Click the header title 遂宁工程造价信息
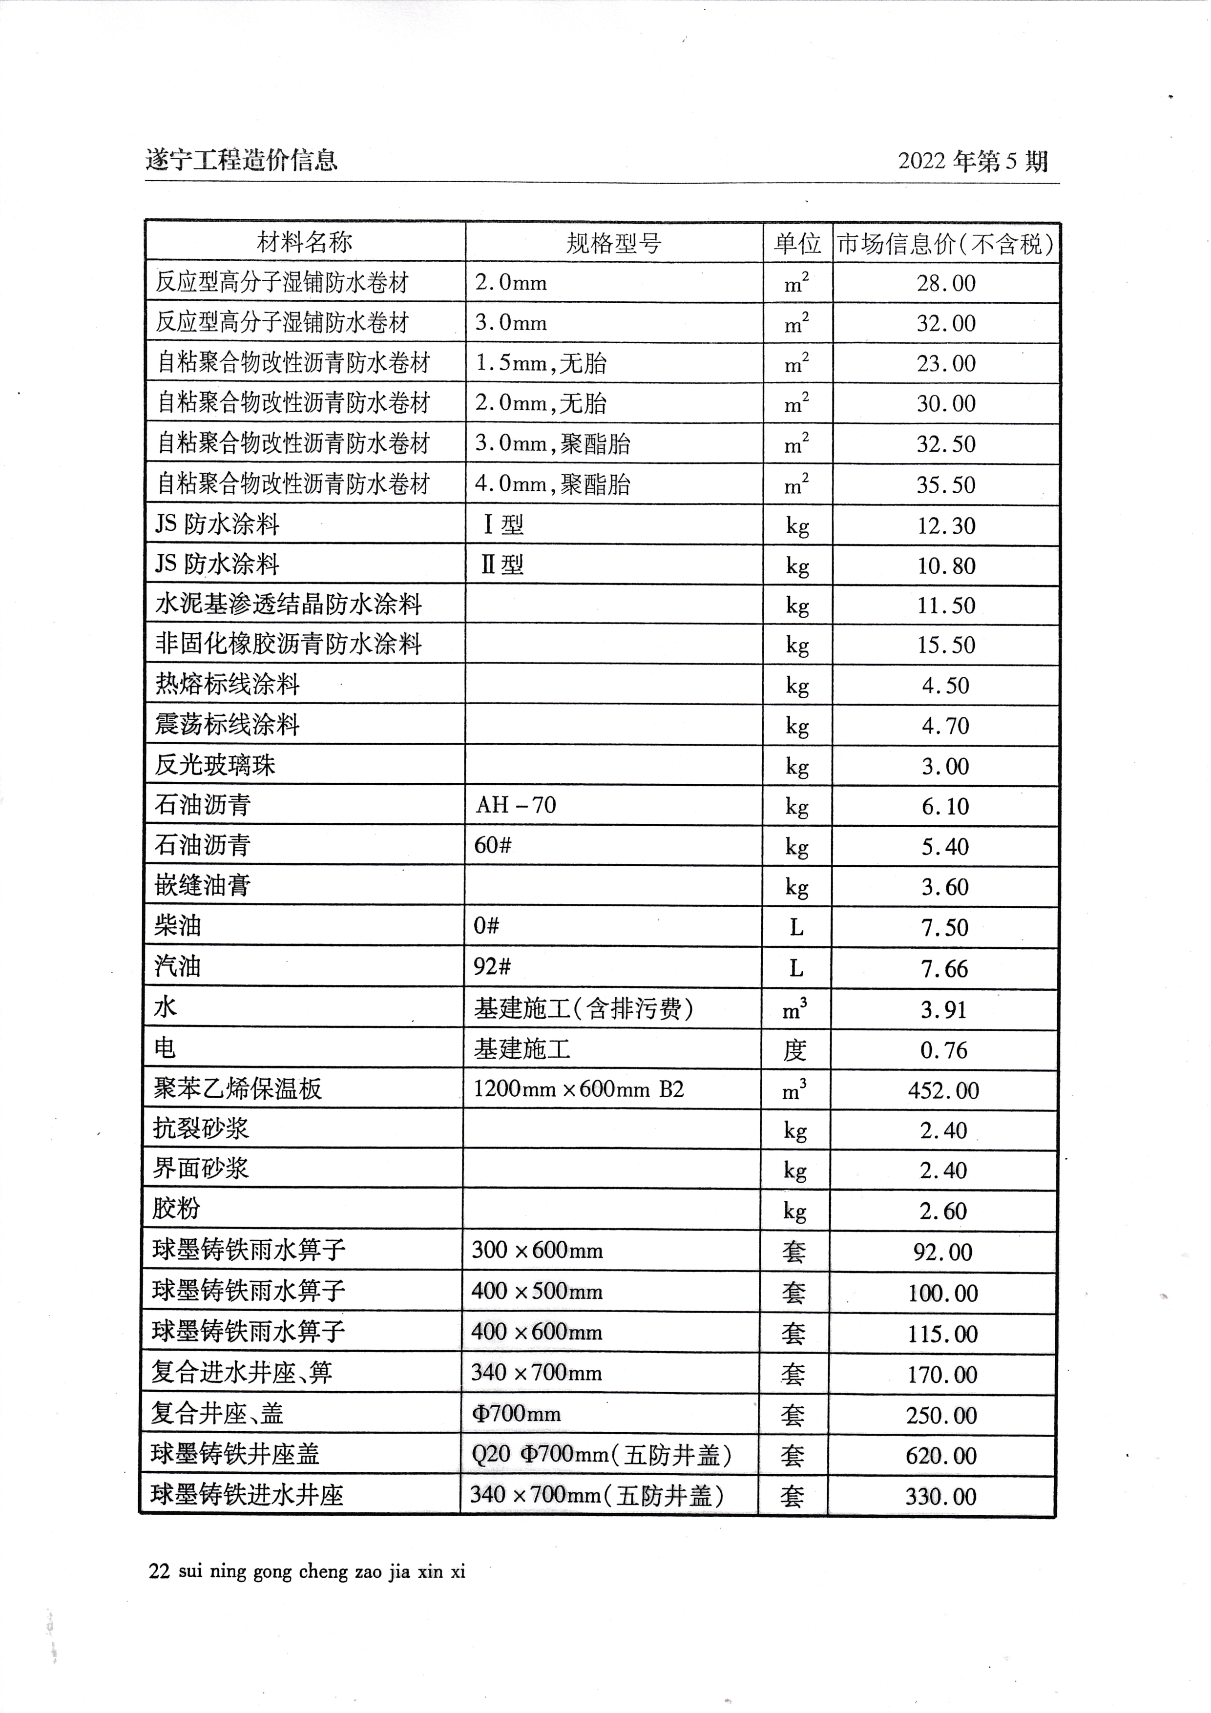pos(241,160)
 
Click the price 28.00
pos(946,284)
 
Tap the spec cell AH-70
pos(516,805)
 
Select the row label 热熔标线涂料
pos(227,684)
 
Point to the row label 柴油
pos(178,926)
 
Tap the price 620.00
pos(941,1456)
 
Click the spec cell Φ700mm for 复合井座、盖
pos(516,1414)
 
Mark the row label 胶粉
pos(176,1209)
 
